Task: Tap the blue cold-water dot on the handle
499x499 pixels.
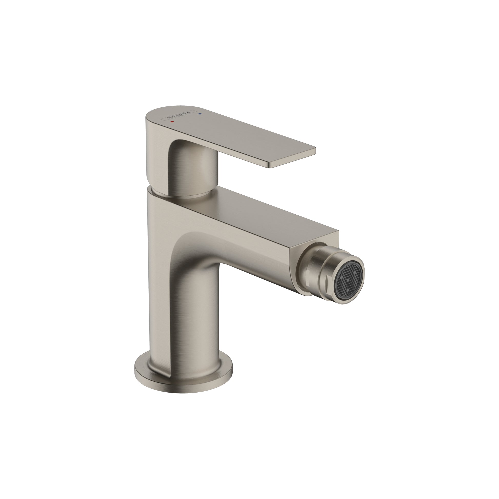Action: [199, 113]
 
